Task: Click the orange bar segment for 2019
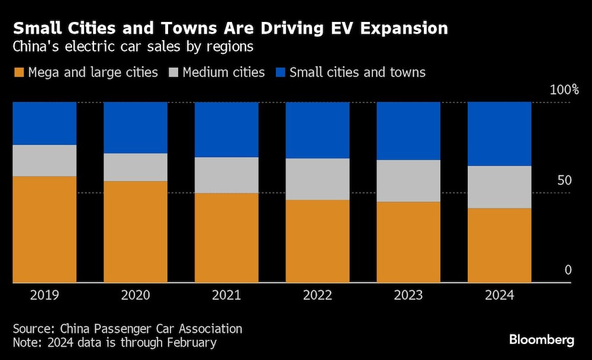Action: pos(45,229)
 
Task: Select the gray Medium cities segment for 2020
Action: pos(136,167)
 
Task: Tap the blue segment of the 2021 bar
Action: pos(227,129)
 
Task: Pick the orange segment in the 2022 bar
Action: pos(318,241)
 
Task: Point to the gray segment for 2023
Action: pos(408,181)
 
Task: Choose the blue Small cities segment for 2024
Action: pos(500,134)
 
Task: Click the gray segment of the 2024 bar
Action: pos(500,187)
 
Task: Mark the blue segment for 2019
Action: pos(45,123)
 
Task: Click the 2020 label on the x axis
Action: pos(136,295)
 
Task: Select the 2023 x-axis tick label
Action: pos(408,295)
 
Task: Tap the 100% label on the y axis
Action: pos(564,90)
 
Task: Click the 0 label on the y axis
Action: pos(568,270)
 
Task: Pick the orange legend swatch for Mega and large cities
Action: pos(18,73)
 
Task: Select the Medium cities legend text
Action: pos(223,73)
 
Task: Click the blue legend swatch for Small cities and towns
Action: pos(280,73)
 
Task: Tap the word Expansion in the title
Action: pos(400,28)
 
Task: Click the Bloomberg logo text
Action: pos(542,340)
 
